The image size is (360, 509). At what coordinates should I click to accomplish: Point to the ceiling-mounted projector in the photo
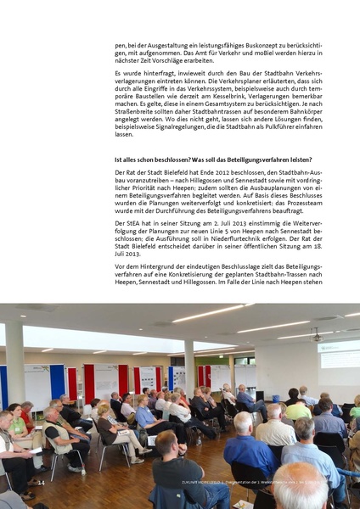coord(316,335)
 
